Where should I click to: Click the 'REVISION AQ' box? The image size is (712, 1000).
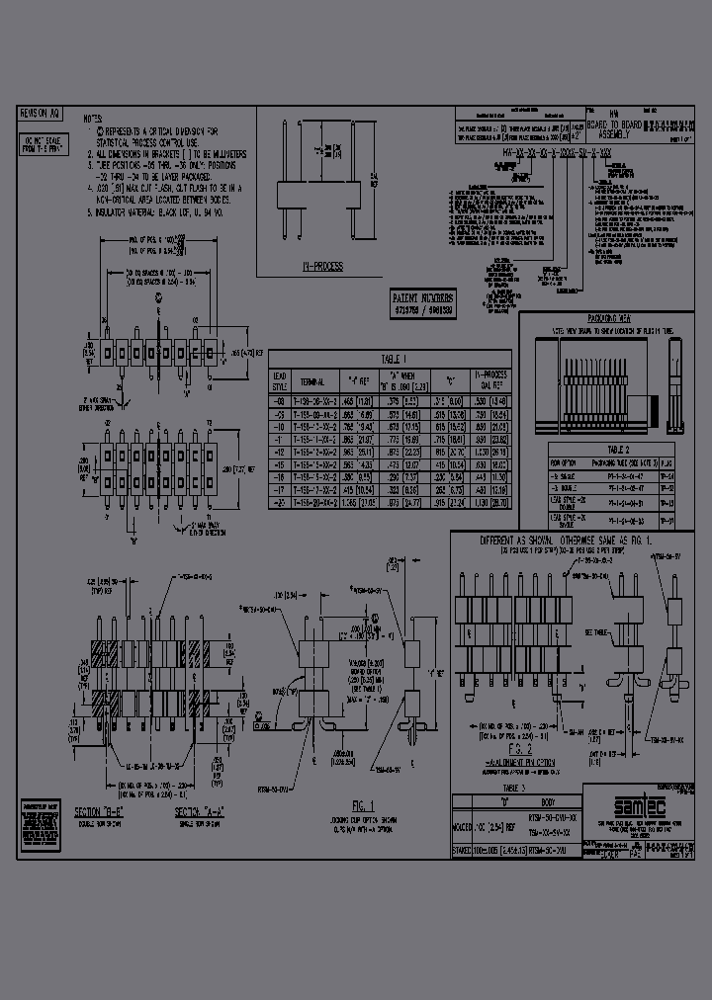pos(41,115)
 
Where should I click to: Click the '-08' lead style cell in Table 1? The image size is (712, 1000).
pos(279,401)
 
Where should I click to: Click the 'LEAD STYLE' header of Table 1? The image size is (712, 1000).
pos(279,378)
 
